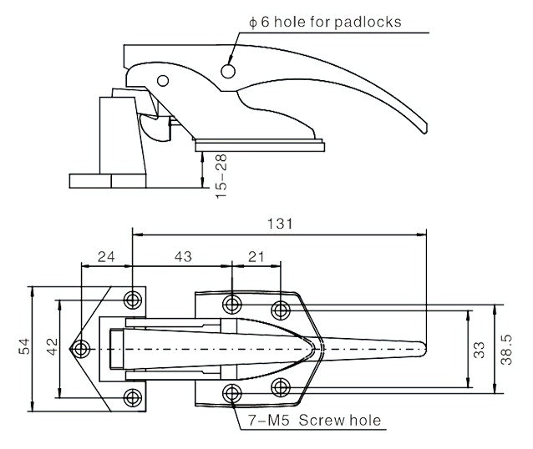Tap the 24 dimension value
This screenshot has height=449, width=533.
pyautogui.click(x=106, y=259)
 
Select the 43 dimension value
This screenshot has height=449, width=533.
pyautogui.click(x=181, y=259)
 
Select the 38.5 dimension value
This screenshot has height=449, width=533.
pyautogui.click(x=507, y=349)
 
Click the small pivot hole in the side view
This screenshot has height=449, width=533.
pyautogui.click(x=163, y=81)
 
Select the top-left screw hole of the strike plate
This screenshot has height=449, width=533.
pyautogui.click(x=132, y=300)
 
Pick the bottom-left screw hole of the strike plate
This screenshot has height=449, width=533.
pyautogui.click(x=132, y=396)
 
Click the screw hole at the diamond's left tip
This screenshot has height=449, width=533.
pyautogui.click(x=82, y=348)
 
